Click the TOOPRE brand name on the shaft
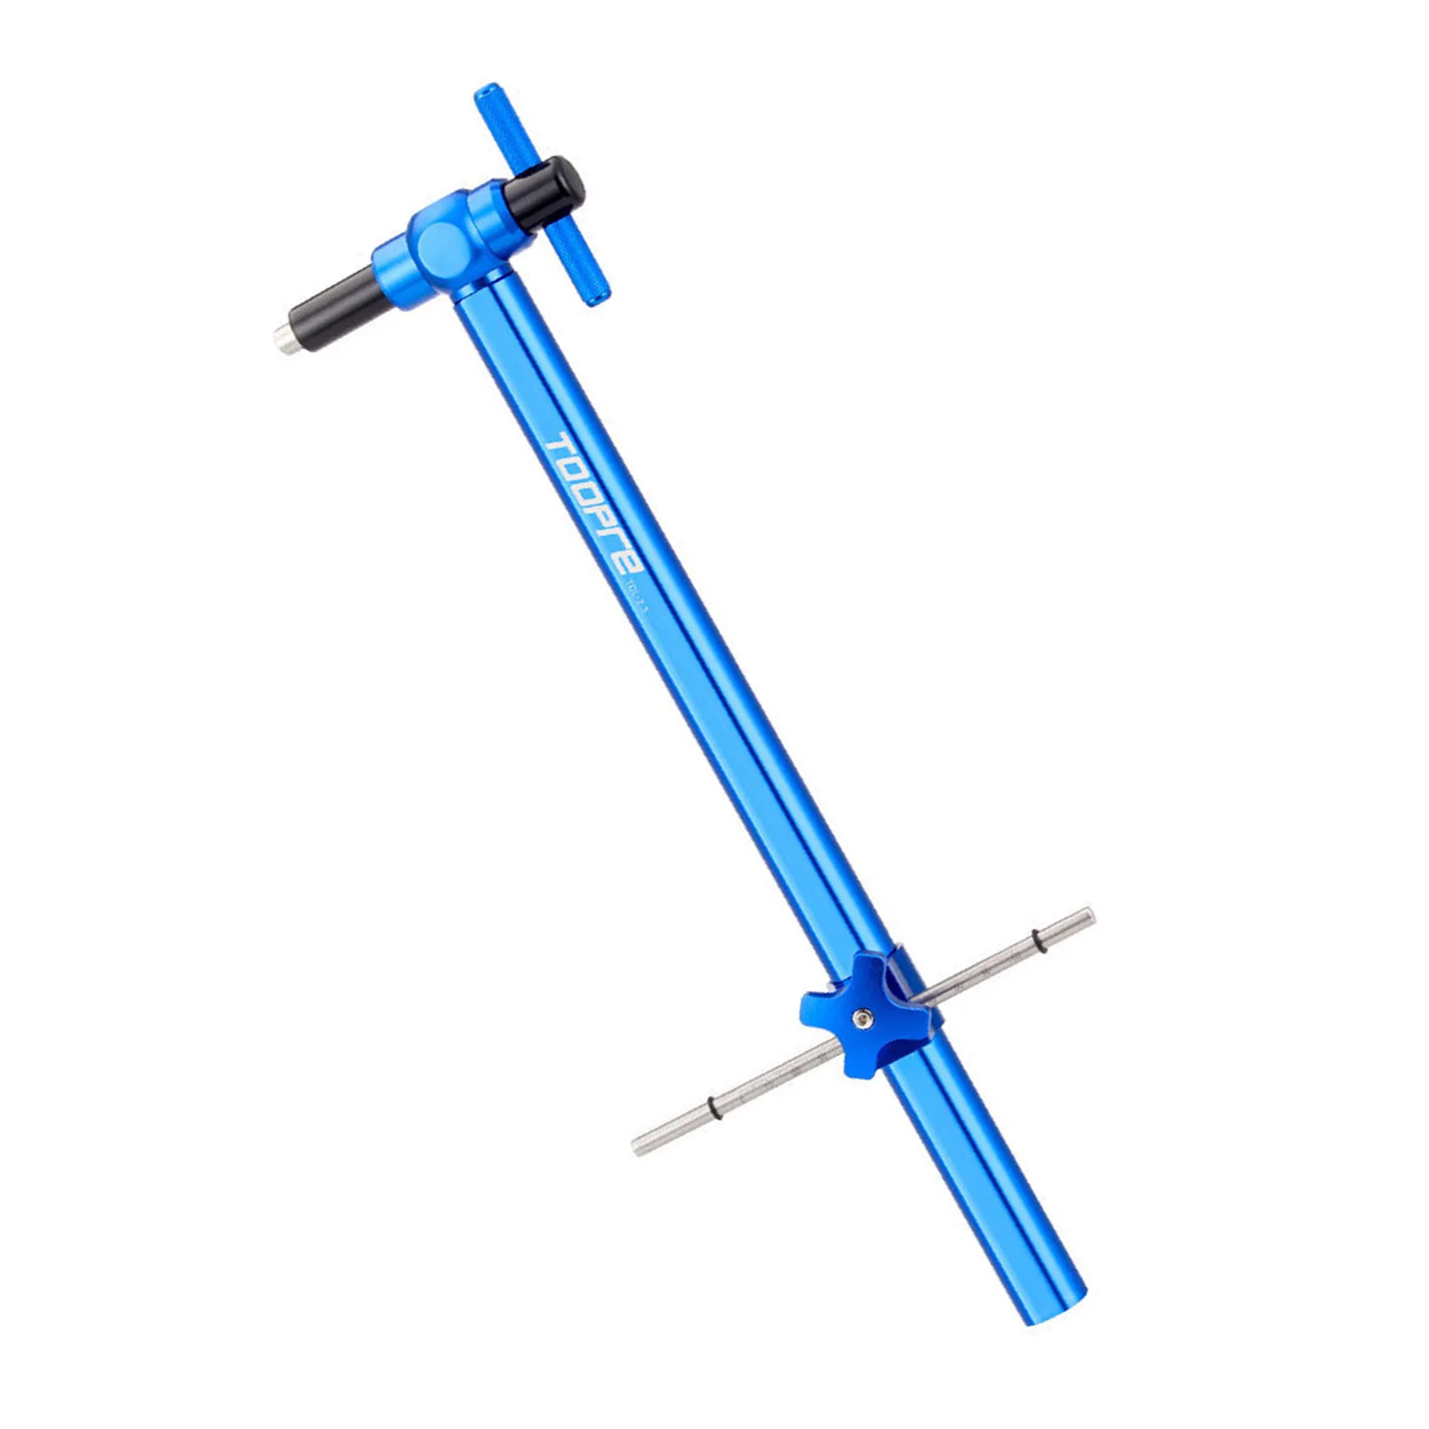tap(594, 505)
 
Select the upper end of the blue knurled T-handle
tap(488, 96)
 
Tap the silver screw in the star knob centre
tap(862, 1018)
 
